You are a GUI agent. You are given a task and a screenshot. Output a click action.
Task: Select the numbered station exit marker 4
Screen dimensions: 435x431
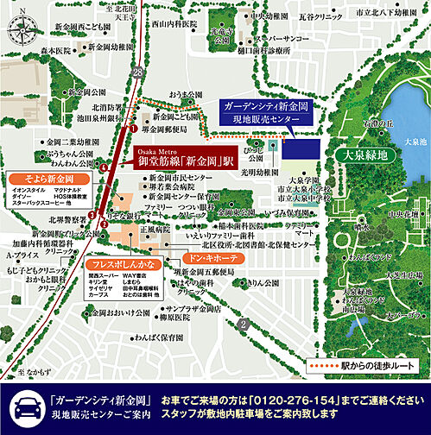click(x=104, y=164)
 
